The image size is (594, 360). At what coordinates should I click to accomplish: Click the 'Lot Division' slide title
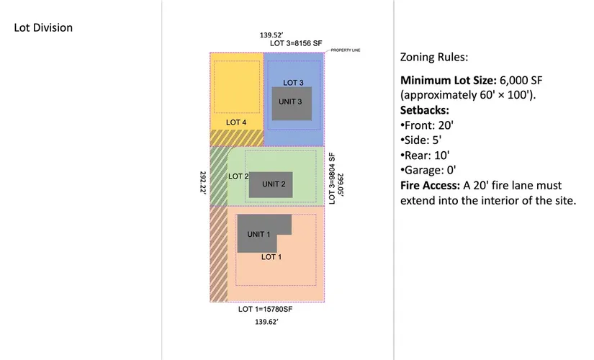click(x=43, y=28)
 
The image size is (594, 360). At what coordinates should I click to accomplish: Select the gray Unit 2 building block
click(x=270, y=185)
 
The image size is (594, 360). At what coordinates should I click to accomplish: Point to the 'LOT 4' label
click(x=236, y=122)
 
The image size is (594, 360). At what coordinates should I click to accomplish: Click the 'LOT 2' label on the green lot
click(x=238, y=176)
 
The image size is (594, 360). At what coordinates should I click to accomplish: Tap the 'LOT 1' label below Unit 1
click(x=271, y=256)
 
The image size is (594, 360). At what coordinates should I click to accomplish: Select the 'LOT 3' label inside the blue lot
click(x=293, y=82)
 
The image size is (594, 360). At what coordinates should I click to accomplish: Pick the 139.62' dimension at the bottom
click(x=266, y=323)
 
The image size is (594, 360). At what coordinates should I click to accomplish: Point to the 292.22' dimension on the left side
click(x=202, y=183)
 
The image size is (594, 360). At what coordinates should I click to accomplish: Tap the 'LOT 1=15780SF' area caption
click(x=266, y=310)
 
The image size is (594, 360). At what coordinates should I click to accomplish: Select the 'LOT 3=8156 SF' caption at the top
click(x=295, y=43)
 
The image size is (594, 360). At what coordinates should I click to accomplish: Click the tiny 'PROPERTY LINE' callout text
click(x=345, y=50)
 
